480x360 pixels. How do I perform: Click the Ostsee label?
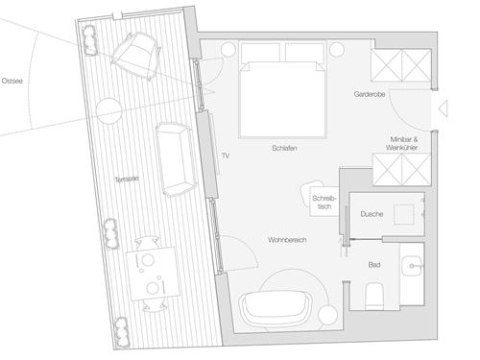[x=12, y=81]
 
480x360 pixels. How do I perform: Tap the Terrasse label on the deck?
[x=127, y=180]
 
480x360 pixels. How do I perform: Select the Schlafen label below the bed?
[x=284, y=148]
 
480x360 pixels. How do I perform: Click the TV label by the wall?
[x=226, y=156]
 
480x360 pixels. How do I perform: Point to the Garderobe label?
[x=370, y=94]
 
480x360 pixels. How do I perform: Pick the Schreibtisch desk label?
[x=324, y=203]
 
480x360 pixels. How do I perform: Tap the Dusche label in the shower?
[x=372, y=214]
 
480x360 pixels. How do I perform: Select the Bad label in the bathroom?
[x=374, y=265]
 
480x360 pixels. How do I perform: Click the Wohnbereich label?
[x=287, y=240]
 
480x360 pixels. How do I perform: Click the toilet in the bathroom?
[x=374, y=296]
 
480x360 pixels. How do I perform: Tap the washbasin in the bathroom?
[x=412, y=266]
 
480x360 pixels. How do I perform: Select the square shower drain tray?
[x=404, y=214]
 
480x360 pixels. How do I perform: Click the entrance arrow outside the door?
[x=444, y=108]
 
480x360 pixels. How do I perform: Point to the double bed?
[x=283, y=89]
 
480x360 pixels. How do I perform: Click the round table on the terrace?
[x=109, y=110]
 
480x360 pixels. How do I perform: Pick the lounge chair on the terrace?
[x=136, y=57]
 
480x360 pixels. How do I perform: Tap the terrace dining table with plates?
[x=151, y=275]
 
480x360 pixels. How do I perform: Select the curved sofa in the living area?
[x=276, y=307]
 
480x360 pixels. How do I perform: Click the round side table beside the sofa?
[x=327, y=315]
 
